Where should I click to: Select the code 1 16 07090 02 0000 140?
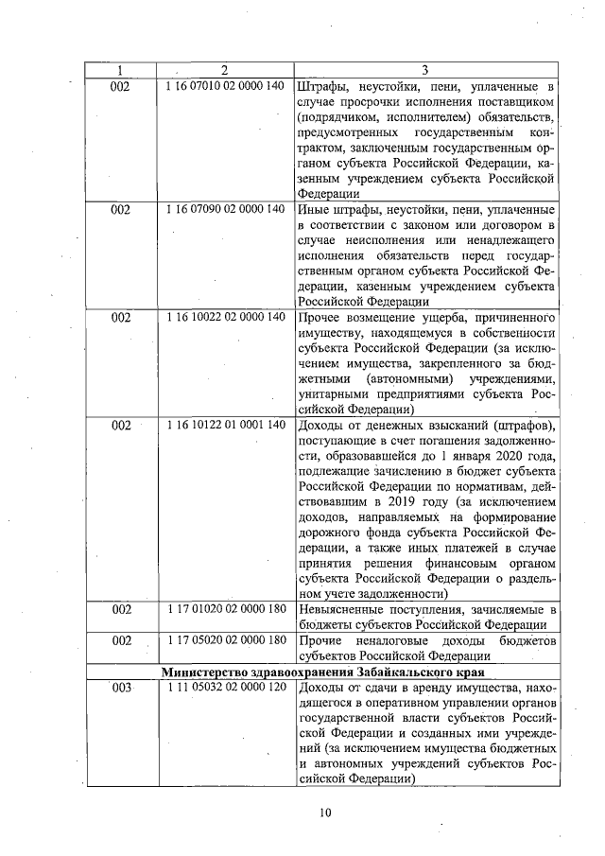[224, 209]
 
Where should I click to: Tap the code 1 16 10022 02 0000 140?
[224, 318]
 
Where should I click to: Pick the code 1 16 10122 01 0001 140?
[224, 425]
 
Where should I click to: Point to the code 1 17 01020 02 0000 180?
[224, 608]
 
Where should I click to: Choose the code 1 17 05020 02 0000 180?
[224, 640]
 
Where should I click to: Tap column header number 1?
[121, 70]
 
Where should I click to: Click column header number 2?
[224, 70]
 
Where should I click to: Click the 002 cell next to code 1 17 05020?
[121, 640]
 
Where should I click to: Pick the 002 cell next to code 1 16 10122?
[121, 425]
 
